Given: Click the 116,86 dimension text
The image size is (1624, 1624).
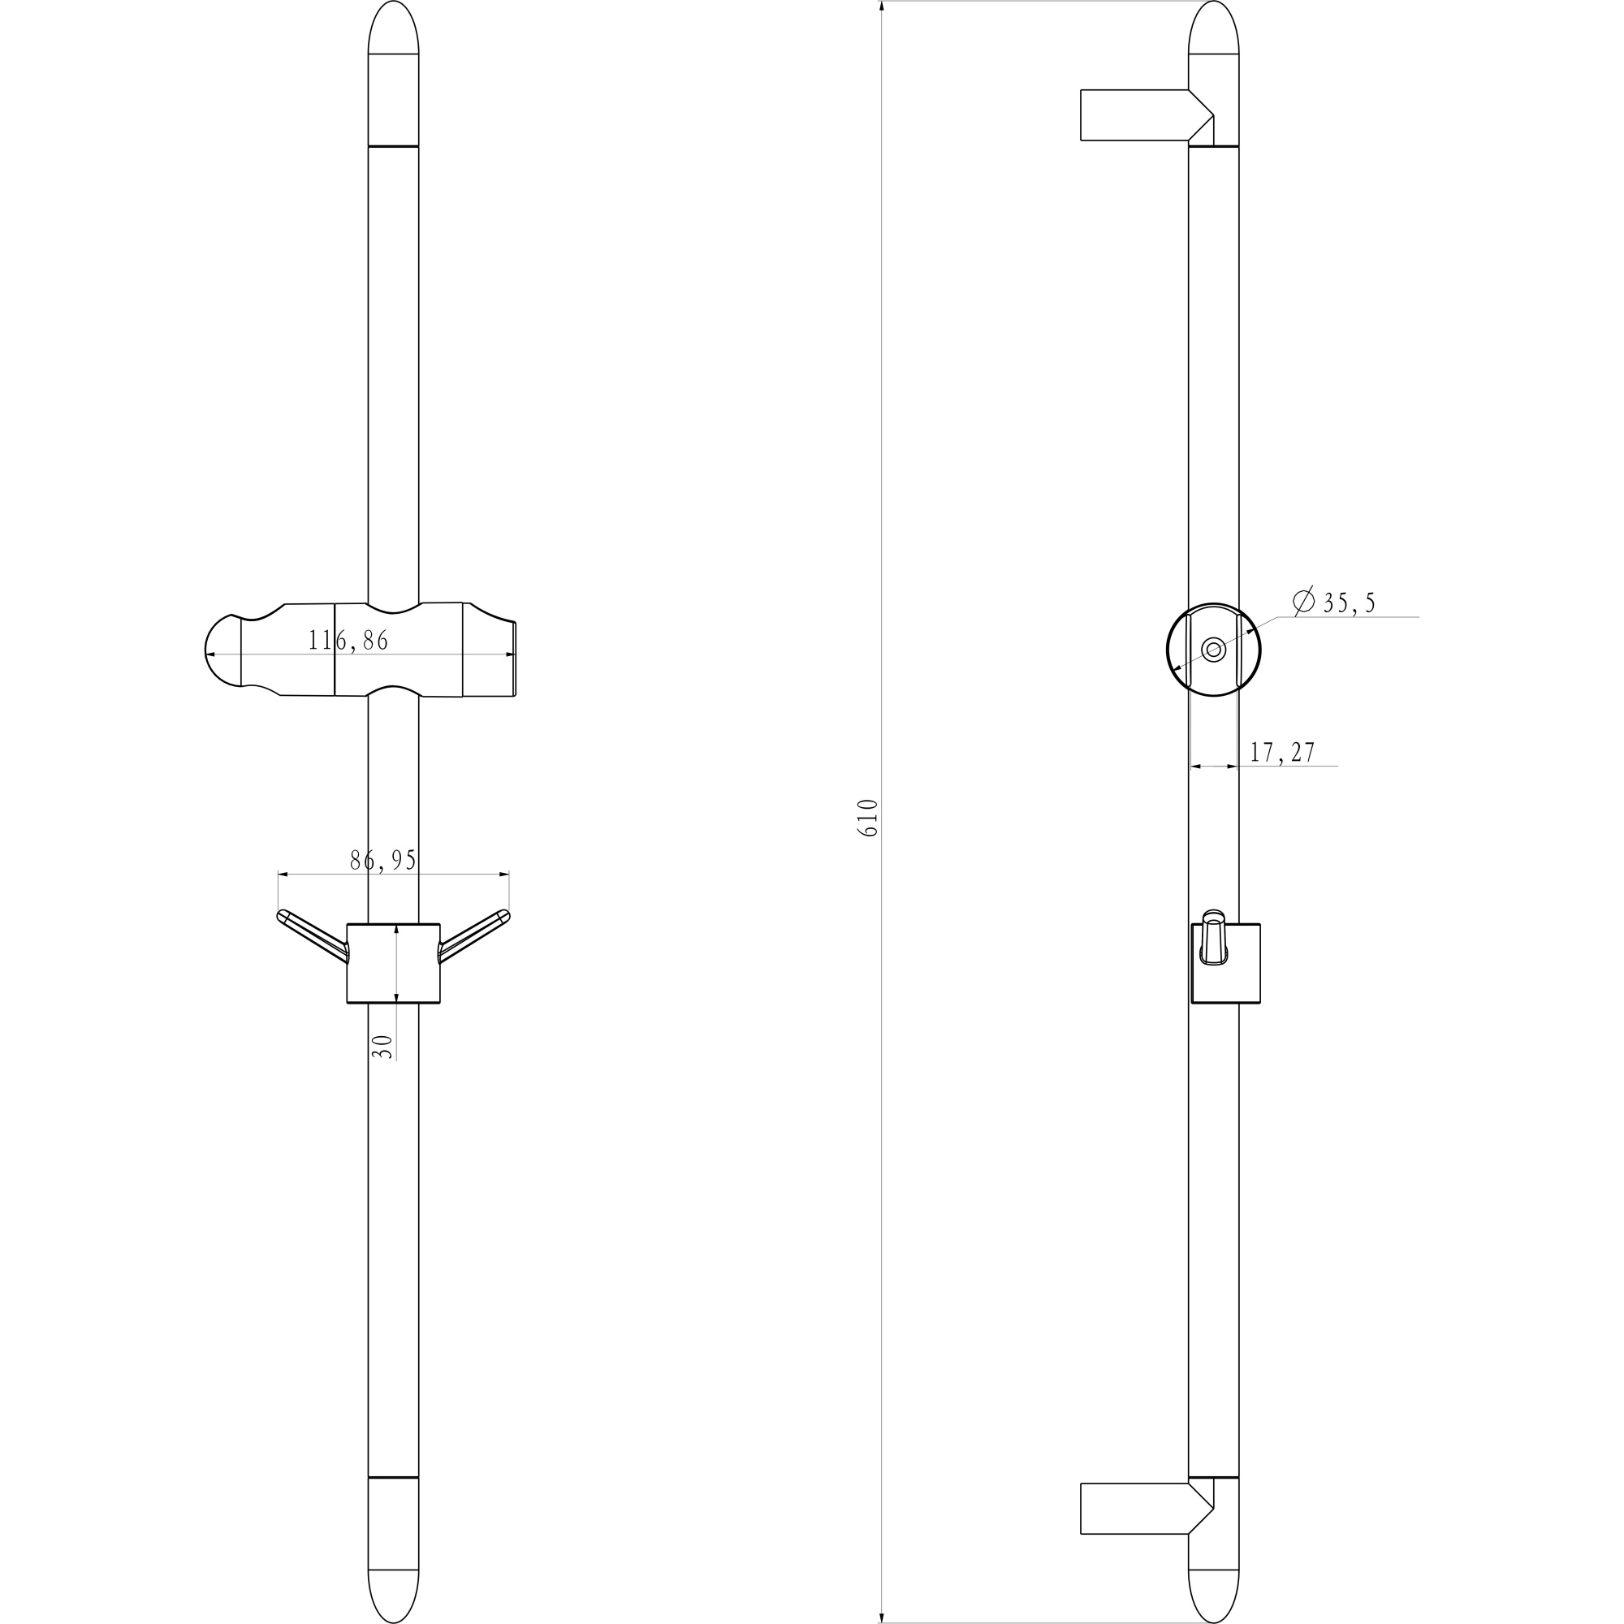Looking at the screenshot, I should point(348,641).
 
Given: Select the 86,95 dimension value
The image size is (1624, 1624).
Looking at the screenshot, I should point(383,860).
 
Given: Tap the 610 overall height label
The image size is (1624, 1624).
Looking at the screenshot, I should point(867,817).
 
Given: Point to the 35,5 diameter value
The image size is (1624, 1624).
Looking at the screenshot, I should point(1349,603).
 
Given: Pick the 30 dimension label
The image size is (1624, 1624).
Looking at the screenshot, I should point(382,1046).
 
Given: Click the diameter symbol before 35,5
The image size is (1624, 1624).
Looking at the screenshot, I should point(1304,600).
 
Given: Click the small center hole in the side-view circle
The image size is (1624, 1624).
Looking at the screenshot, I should point(1213,650).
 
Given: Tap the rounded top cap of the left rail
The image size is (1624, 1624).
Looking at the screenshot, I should point(393,29).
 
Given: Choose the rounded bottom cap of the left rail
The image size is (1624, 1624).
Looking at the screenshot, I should point(393,1594).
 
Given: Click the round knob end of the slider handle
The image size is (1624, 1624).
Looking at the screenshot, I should point(222,650).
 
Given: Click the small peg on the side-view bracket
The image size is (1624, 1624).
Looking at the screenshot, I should point(1213,936).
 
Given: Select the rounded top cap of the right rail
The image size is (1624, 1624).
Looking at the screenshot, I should point(1213,29).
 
